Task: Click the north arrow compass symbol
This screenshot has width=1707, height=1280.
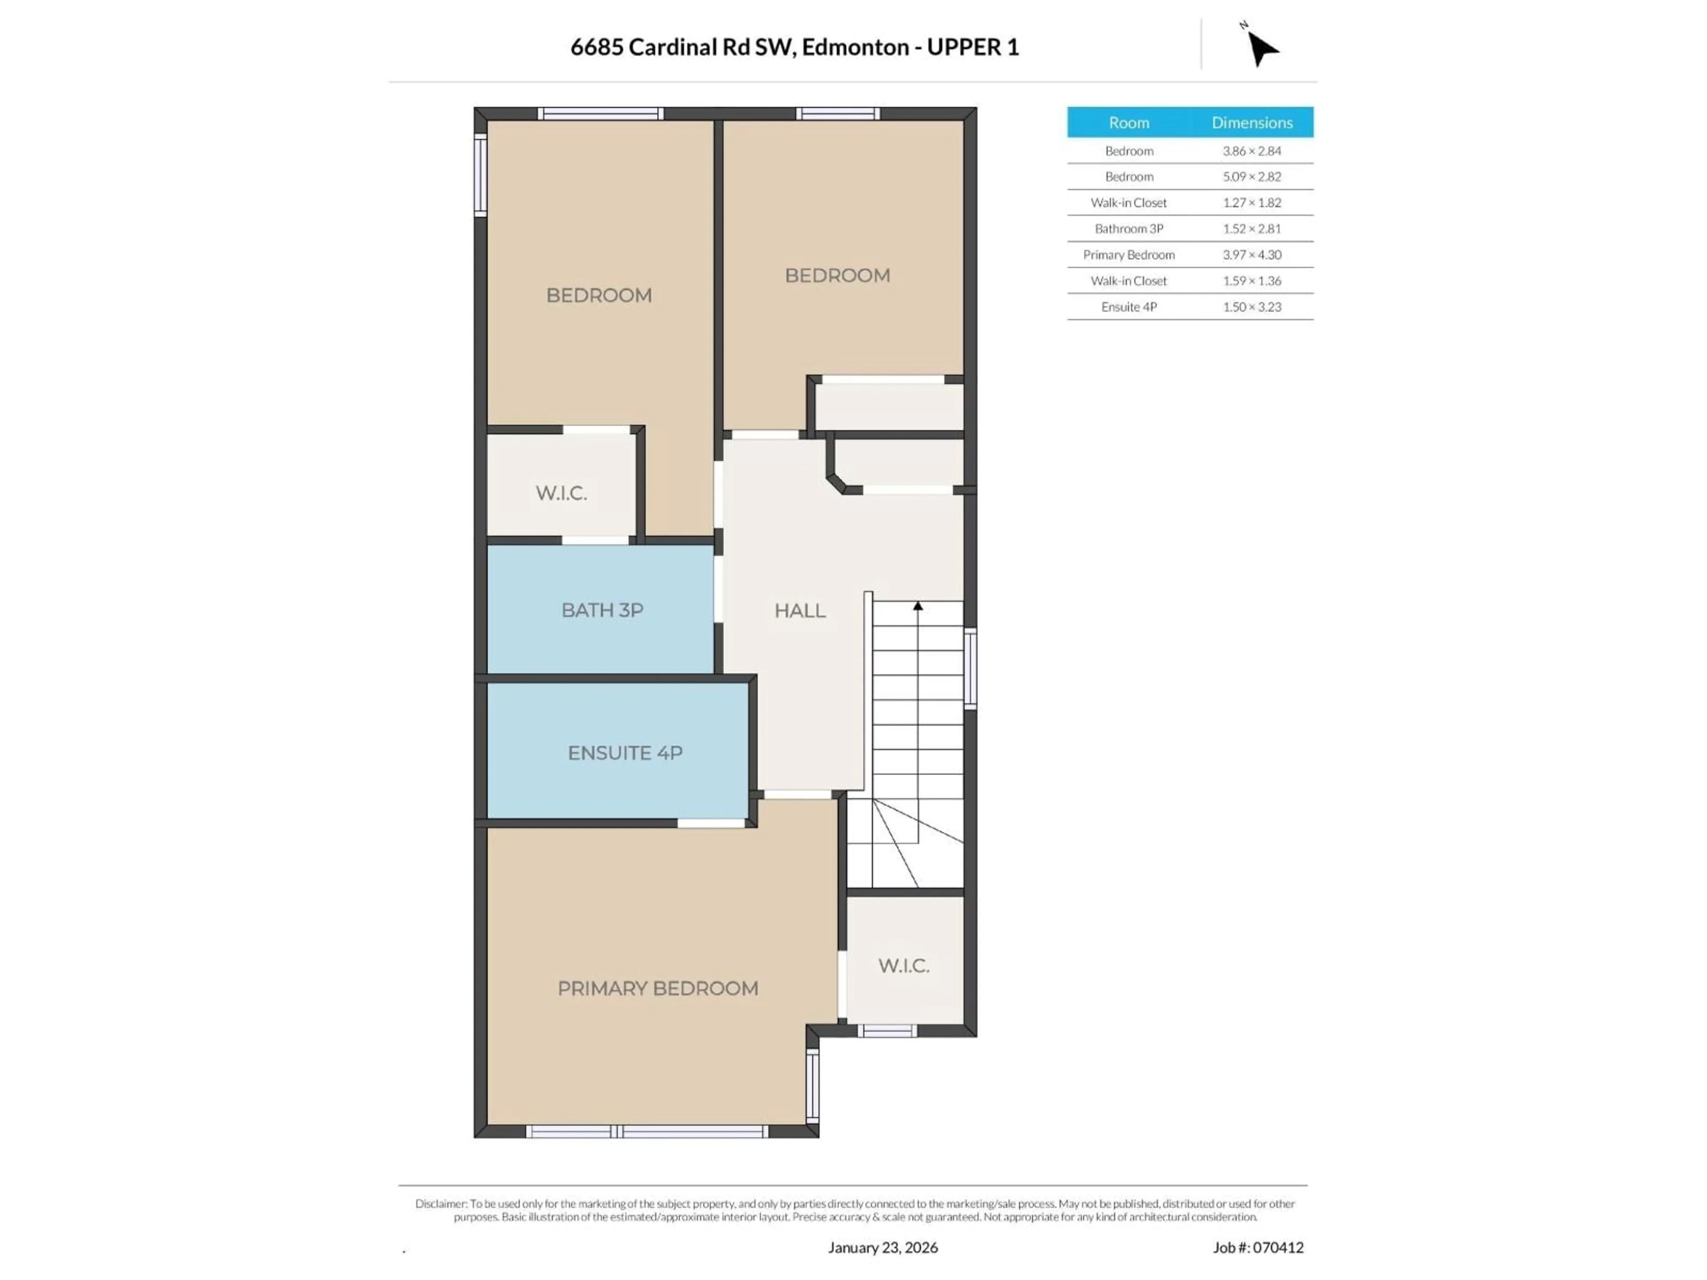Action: [1262, 48]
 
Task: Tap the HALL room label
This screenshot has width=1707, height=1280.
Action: [799, 610]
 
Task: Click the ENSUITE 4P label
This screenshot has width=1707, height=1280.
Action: [625, 753]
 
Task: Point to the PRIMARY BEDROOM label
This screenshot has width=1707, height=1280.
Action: [657, 988]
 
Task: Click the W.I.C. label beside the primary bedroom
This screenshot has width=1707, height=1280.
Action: [904, 965]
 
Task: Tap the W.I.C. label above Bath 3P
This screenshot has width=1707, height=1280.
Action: [561, 493]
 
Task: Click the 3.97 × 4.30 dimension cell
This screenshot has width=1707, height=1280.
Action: [1252, 255]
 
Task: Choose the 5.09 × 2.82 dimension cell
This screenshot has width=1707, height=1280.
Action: [1252, 177]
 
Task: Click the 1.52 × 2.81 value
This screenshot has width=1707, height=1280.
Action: [1252, 228]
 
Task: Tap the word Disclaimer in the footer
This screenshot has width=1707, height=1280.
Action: [441, 1204]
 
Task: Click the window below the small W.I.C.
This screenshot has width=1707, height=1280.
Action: [887, 1031]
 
